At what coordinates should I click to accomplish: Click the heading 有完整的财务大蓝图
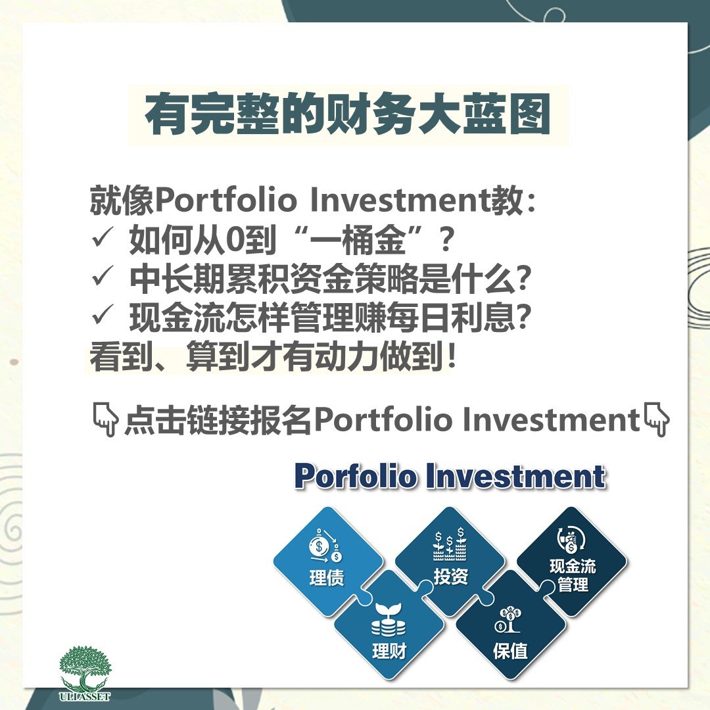(347, 114)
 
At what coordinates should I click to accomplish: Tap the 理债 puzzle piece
(328, 561)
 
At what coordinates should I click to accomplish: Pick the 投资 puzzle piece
(450, 561)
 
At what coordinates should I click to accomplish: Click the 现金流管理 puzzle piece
(572, 561)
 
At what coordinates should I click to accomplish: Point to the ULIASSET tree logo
(85, 673)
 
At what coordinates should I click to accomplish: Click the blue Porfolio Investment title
(450, 476)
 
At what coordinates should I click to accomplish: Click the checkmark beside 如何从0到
(102, 238)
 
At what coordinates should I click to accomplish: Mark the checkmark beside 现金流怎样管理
(102, 315)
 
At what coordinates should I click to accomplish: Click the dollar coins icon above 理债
(325, 545)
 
